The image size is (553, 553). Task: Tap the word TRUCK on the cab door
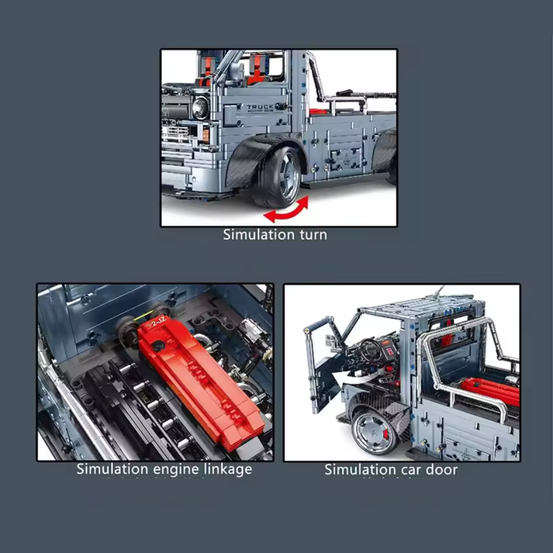[260, 107]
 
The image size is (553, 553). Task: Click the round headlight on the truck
[200, 108]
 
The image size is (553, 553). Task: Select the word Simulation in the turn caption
[259, 234]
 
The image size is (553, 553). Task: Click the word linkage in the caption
[223, 469]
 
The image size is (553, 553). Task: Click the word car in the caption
[407, 469]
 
